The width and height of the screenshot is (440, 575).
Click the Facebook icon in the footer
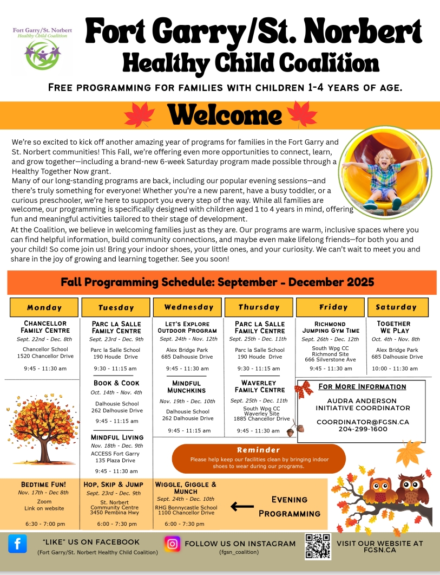pos(17,544)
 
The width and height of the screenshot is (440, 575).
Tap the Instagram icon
pos(173,544)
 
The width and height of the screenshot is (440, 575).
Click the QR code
pos(318,546)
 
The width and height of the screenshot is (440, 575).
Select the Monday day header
pos(44,307)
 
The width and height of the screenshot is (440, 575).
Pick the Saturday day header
pos(396,307)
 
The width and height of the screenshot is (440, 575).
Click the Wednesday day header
pos(189,307)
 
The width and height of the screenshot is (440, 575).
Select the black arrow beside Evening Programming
pos(242,507)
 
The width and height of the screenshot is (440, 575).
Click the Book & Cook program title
pos(116,383)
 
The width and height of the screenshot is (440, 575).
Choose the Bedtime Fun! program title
pos(43,484)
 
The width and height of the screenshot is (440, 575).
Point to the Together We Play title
pos(394,327)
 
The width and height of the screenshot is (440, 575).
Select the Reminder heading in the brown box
pos(258,450)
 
